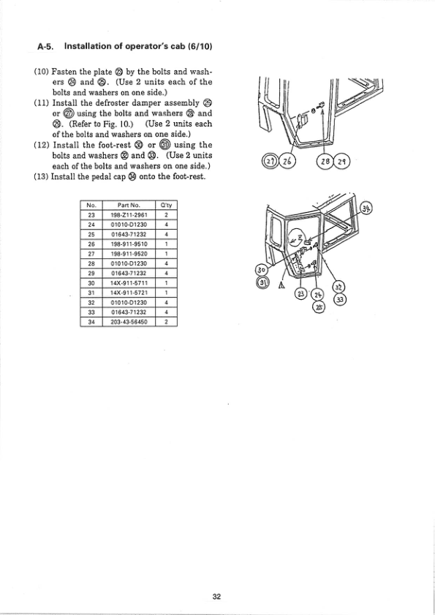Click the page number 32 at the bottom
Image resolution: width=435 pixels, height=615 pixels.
point(216,597)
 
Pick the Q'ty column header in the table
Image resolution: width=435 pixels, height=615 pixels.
point(166,205)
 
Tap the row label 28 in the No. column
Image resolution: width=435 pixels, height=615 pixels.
point(91,263)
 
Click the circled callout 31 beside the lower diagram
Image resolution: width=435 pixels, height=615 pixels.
point(260,282)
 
